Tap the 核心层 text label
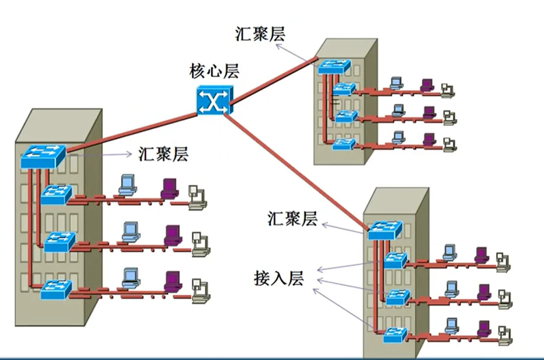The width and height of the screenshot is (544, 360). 215,72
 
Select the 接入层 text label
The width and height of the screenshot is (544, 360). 279,278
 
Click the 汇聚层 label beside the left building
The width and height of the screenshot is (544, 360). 163,155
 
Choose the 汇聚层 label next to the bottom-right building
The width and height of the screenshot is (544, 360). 292,219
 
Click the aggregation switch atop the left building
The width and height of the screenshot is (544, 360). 43,157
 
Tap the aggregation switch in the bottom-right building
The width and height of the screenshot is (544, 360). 385,230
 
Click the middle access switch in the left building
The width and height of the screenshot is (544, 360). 60,241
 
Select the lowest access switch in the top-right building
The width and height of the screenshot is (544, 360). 344,143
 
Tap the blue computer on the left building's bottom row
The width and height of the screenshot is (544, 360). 130,278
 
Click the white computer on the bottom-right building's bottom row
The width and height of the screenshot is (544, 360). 504,331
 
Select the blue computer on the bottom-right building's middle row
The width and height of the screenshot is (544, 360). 451,288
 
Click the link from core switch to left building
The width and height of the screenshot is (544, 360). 132,132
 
